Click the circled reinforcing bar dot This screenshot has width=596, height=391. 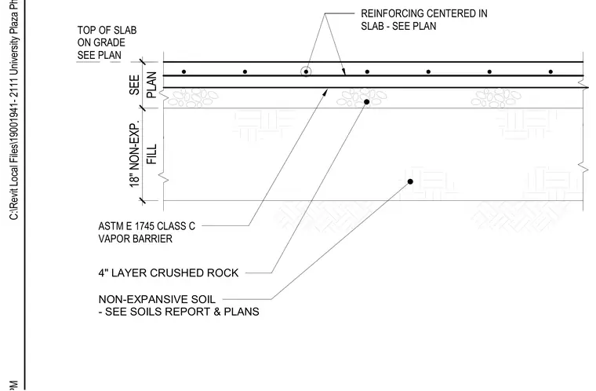(x=306, y=71)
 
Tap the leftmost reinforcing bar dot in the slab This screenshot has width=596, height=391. (x=184, y=71)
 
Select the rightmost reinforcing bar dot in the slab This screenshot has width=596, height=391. (x=551, y=71)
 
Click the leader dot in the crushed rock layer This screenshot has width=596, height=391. (x=366, y=102)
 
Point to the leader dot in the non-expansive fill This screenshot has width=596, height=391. (x=410, y=181)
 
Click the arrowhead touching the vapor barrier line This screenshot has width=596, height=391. (x=325, y=93)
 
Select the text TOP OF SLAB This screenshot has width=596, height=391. (x=107, y=30)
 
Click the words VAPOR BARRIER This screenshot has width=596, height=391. (x=136, y=239)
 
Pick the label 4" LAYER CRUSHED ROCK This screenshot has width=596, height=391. (x=169, y=273)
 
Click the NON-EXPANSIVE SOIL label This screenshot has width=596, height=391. (x=157, y=299)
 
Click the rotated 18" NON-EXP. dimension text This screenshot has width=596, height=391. (x=135, y=154)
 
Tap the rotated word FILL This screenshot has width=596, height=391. (x=151, y=154)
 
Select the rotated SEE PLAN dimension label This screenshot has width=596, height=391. (x=143, y=85)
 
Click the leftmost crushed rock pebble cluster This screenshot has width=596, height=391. (x=193, y=97)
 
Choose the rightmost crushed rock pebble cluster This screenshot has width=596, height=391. (x=496, y=97)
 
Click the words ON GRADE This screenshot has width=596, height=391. (x=101, y=42)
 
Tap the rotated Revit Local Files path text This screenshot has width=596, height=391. (x=13, y=110)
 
